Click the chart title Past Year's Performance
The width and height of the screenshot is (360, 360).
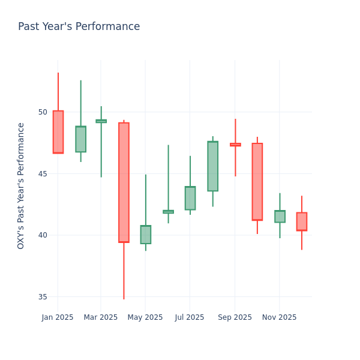pyautogui.click(x=79, y=27)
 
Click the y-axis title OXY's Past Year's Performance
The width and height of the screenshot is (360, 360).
pyautogui.click(x=21, y=185)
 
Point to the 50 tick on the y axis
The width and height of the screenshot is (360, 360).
pyautogui.click(x=43, y=112)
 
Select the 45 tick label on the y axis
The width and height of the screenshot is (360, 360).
pyautogui.click(x=43, y=174)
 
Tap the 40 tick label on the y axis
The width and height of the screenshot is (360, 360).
pyautogui.click(x=43, y=235)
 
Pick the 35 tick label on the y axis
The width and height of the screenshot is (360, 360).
pyautogui.click(x=43, y=297)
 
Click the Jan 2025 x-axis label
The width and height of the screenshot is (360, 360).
pyautogui.click(x=58, y=317)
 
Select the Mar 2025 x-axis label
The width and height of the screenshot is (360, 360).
pyautogui.click(x=101, y=317)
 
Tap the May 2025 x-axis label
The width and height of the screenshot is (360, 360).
pyautogui.click(x=145, y=317)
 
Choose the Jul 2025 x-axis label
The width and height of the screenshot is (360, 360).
pyautogui.click(x=190, y=317)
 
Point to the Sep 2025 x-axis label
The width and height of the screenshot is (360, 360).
pyautogui.click(x=235, y=317)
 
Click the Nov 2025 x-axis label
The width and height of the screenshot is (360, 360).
pyautogui.click(x=280, y=317)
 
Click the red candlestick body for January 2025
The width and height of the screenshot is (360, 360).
pyautogui.click(x=58, y=132)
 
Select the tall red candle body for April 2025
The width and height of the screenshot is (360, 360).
pyautogui.click(x=124, y=182)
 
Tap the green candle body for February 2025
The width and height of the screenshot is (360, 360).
pyautogui.click(x=80, y=139)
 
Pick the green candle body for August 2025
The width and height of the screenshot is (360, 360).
pyautogui.click(x=212, y=166)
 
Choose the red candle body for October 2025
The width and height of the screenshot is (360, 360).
pyautogui.click(x=257, y=182)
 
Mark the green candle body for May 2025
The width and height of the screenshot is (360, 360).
pyautogui.click(x=146, y=235)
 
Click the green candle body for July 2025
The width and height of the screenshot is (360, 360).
pyautogui.click(x=190, y=198)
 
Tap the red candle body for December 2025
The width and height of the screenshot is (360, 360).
pyautogui.click(x=302, y=221)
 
